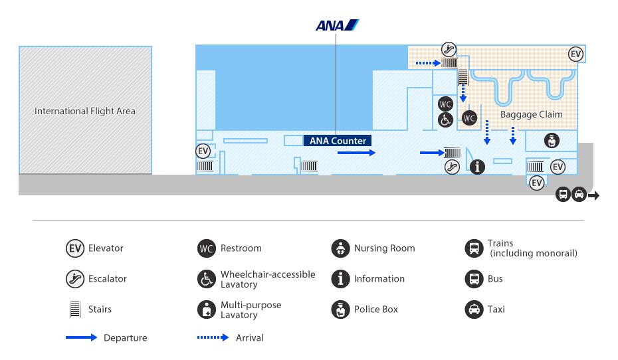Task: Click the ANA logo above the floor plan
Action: (338, 25)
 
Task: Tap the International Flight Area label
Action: (85, 111)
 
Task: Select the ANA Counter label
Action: (338, 141)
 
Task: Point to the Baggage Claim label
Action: (532, 114)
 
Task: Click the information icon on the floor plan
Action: (477, 167)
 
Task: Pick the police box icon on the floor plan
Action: (552, 141)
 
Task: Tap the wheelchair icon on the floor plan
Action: (446, 120)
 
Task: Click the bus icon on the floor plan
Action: (564, 195)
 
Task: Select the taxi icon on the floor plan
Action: (579, 195)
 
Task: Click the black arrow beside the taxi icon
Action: (593, 195)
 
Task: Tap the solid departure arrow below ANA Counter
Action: (356, 152)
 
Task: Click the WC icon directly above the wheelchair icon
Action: (446, 104)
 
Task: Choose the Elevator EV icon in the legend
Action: (75, 248)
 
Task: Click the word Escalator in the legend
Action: (108, 279)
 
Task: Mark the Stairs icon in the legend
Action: (75, 310)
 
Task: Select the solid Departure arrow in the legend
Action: (81, 337)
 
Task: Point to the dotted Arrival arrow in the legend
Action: (213, 337)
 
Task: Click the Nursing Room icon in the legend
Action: (340, 248)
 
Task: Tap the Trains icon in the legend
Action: (474, 248)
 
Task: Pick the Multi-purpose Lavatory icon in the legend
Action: (207, 310)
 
